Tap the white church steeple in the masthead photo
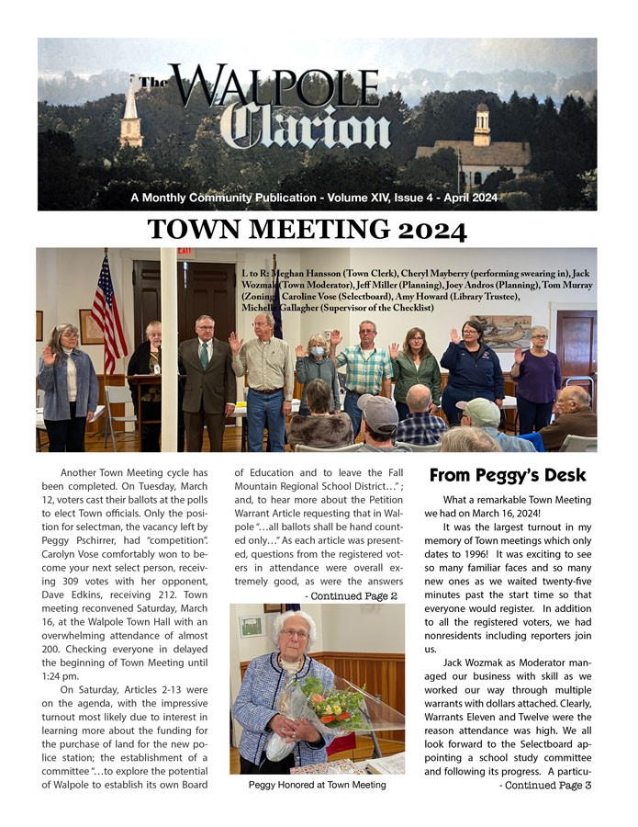(131, 110)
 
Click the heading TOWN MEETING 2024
(307, 230)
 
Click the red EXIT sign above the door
(185, 253)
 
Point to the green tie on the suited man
(203, 354)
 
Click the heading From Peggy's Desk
(508, 475)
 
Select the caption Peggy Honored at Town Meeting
(317, 785)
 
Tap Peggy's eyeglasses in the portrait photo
(295, 634)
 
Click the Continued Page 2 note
(351, 595)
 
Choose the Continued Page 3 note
(544, 786)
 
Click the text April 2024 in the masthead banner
(472, 198)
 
